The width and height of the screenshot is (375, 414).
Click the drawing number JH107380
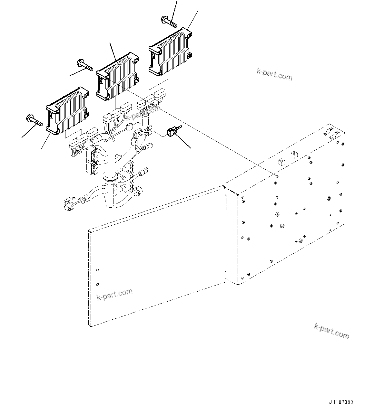click(341, 402)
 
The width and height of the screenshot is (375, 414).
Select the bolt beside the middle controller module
click(85, 65)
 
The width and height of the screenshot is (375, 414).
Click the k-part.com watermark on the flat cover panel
click(114, 294)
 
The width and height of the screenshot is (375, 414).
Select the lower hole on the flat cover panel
click(98, 284)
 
